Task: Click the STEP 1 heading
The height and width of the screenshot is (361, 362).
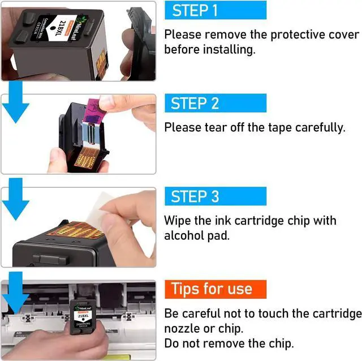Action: (195, 10)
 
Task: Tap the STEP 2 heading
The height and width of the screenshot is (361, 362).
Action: (195, 103)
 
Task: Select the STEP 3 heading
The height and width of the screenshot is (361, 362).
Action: (195, 196)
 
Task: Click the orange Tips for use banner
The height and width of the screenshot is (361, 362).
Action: (216, 289)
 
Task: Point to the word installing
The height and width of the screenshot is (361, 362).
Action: (229, 49)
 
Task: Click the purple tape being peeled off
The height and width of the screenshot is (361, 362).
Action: (95, 110)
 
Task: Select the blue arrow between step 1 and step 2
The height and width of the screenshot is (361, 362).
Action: (15, 102)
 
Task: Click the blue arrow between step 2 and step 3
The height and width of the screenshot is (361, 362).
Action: (15, 199)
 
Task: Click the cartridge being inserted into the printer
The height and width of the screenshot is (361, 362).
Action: (83, 317)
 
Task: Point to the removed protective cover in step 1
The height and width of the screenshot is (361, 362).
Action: (141, 44)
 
